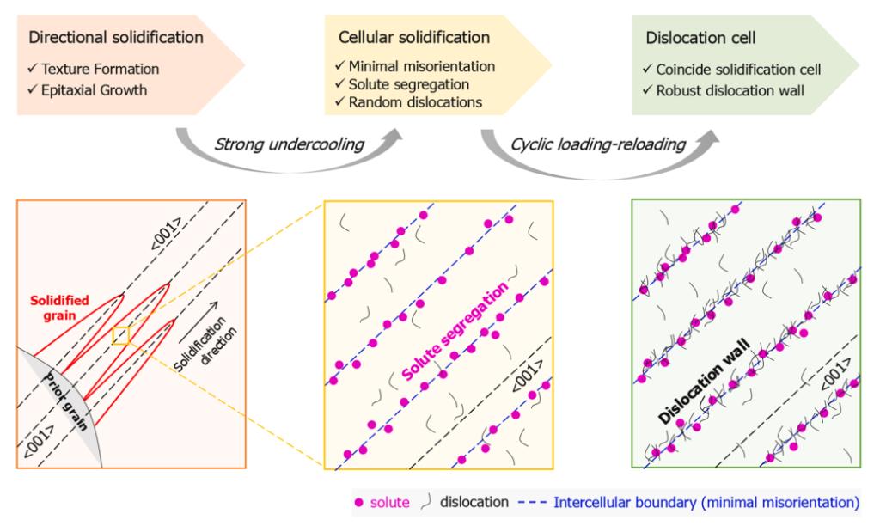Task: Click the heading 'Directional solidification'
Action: coord(116,38)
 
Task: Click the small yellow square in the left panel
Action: coord(121,335)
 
